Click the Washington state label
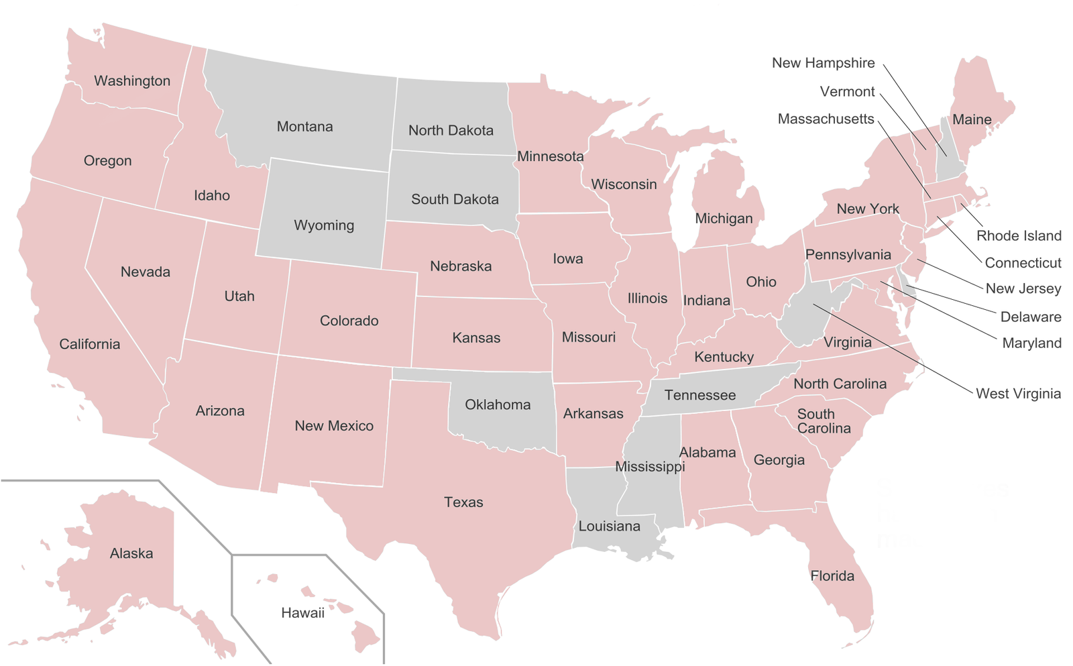tap(132, 81)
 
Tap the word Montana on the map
tap(304, 127)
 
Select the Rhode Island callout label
tap(1019, 236)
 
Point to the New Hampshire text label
tap(823, 63)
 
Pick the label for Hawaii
tap(302, 613)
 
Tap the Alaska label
tap(131, 554)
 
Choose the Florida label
tap(832, 576)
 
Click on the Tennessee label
tap(700, 396)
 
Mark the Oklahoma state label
tap(498, 405)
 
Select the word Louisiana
tap(609, 526)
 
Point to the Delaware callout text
tap(1031, 317)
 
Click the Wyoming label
tap(324, 225)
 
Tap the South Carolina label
tap(823, 421)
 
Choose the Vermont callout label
tap(847, 92)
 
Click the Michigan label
tap(724, 219)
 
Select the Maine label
tap(972, 120)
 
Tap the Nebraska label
tap(461, 266)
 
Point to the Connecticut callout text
tap(1023, 263)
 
